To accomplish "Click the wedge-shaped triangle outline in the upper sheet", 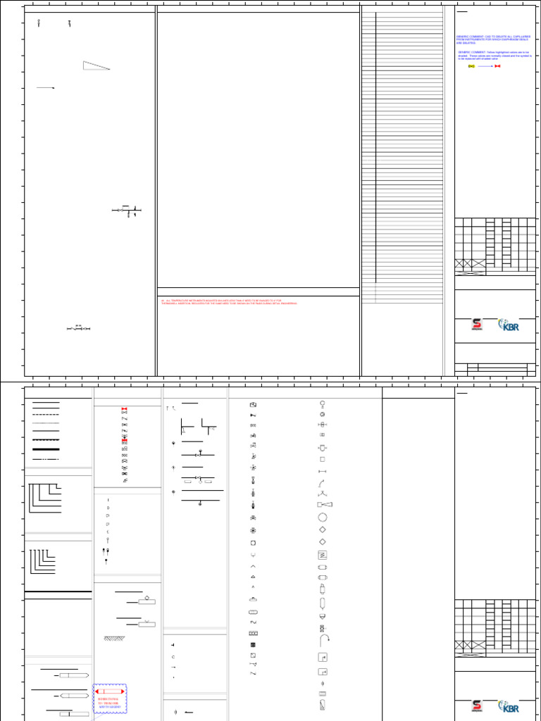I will (97, 65).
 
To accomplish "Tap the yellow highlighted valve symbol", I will (471, 66).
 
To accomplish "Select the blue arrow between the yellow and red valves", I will (485, 66).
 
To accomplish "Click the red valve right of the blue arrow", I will (497, 66).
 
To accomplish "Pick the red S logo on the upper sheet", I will (477, 325).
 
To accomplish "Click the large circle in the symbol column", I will (323, 517).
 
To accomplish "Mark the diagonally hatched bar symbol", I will (111, 638).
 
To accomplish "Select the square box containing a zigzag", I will (323, 554).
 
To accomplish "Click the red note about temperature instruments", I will (229, 302).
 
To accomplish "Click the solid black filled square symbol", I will (254, 645).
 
